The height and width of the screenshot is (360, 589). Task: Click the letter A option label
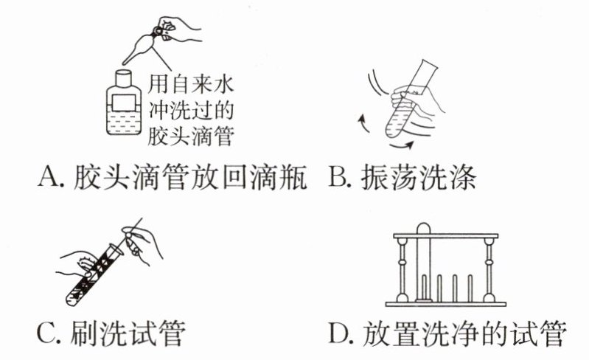coord(49,176)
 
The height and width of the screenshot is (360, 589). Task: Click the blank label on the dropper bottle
coord(124,103)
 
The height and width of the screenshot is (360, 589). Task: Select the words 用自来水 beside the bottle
coord(191,85)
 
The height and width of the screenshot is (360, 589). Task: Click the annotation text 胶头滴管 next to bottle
coord(191,136)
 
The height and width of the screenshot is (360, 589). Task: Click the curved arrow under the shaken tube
coord(402,145)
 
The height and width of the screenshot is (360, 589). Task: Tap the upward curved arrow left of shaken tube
coord(362,124)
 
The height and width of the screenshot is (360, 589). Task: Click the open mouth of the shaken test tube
coord(429,65)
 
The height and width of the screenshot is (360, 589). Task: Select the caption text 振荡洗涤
coord(419,176)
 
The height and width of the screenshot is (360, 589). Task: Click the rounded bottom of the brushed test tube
coord(72,299)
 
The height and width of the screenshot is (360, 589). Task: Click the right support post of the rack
coord(488,269)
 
